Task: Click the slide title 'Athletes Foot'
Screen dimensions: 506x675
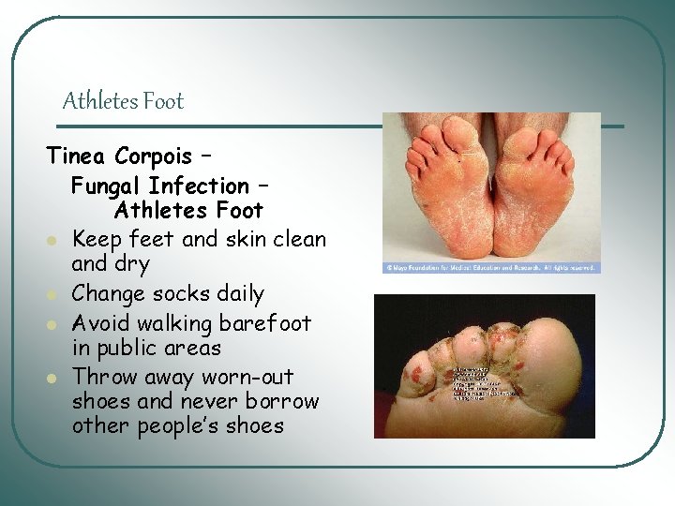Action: click(x=123, y=101)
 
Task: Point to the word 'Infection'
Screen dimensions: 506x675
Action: click(x=200, y=186)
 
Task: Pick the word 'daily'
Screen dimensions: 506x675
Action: click(x=238, y=294)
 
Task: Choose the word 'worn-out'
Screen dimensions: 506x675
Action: click(x=247, y=377)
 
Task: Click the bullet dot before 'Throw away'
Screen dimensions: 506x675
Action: click(x=56, y=379)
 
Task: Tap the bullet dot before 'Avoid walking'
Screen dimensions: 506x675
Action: click(x=56, y=325)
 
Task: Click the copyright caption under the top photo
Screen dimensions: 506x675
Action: click(x=490, y=267)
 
